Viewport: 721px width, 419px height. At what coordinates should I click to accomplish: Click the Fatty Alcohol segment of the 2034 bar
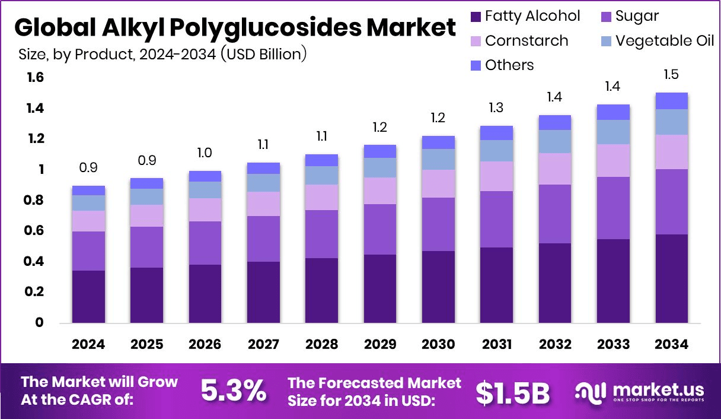[671, 278]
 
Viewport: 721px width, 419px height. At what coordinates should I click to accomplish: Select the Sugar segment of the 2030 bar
[438, 224]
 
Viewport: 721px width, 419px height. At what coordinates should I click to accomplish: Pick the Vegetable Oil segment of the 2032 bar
[555, 141]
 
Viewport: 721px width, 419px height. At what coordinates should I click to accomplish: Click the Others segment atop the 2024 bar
[89, 190]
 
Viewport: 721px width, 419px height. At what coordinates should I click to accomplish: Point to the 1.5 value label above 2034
[671, 75]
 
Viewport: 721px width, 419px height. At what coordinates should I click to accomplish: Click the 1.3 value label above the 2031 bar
[496, 108]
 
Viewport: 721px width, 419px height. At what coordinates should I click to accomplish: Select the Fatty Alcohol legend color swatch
[476, 16]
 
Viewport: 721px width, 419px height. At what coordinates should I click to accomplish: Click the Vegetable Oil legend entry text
[665, 41]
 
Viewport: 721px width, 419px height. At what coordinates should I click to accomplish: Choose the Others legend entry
[509, 65]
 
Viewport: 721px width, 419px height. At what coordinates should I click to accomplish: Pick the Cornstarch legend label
[527, 41]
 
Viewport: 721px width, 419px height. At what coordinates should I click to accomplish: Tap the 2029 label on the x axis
[380, 345]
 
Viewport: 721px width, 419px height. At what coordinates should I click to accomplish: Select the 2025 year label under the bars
[147, 345]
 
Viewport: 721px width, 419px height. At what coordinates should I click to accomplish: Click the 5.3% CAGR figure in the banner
[233, 391]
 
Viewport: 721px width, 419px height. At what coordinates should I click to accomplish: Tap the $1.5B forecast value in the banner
[513, 392]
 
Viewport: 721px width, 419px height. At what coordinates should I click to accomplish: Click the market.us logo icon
[590, 392]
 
